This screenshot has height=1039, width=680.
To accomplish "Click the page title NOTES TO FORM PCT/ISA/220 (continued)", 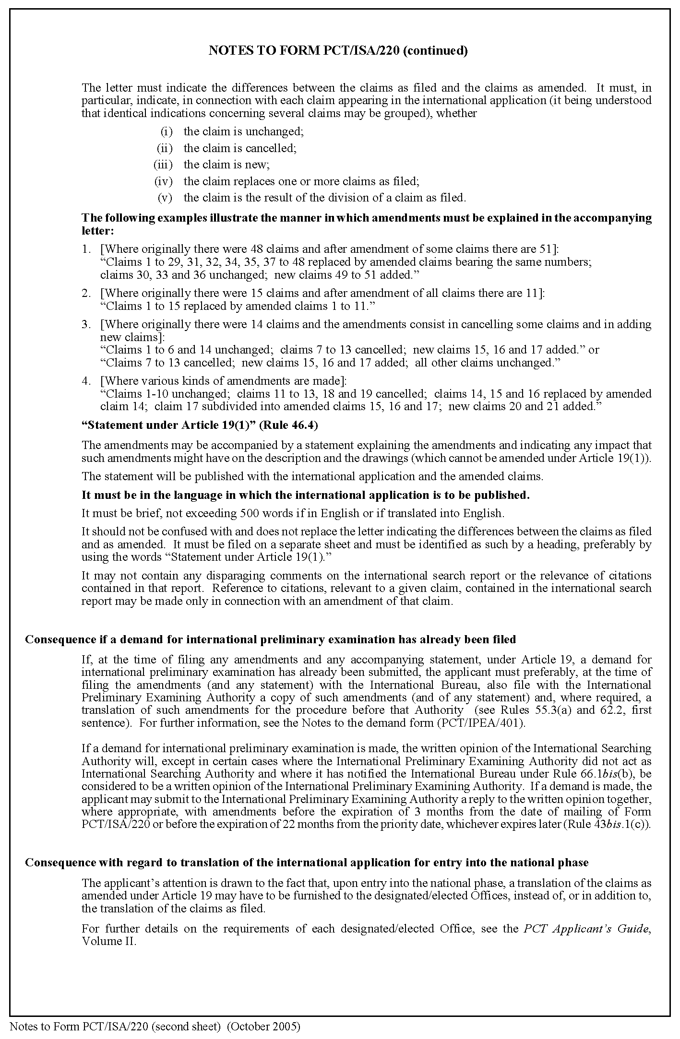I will click(338, 51).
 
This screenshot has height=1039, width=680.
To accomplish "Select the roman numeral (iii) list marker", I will click(163, 165).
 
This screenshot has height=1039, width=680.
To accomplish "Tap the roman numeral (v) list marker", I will click(165, 198).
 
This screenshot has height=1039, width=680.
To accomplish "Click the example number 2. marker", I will click(86, 293).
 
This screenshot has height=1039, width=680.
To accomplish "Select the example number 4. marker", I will click(86, 381).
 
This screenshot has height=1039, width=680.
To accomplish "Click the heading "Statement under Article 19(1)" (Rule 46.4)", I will click(200, 425).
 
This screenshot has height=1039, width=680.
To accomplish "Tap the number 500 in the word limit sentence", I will click(249, 513).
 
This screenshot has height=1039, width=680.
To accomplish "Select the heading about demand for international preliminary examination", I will click(270, 639).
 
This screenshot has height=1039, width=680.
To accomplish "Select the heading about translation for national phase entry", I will click(307, 862).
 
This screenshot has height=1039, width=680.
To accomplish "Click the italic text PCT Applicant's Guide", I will click(585, 929).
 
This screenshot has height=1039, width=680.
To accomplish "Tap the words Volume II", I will click(108, 941).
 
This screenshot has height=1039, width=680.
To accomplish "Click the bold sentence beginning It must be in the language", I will click(305, 495).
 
